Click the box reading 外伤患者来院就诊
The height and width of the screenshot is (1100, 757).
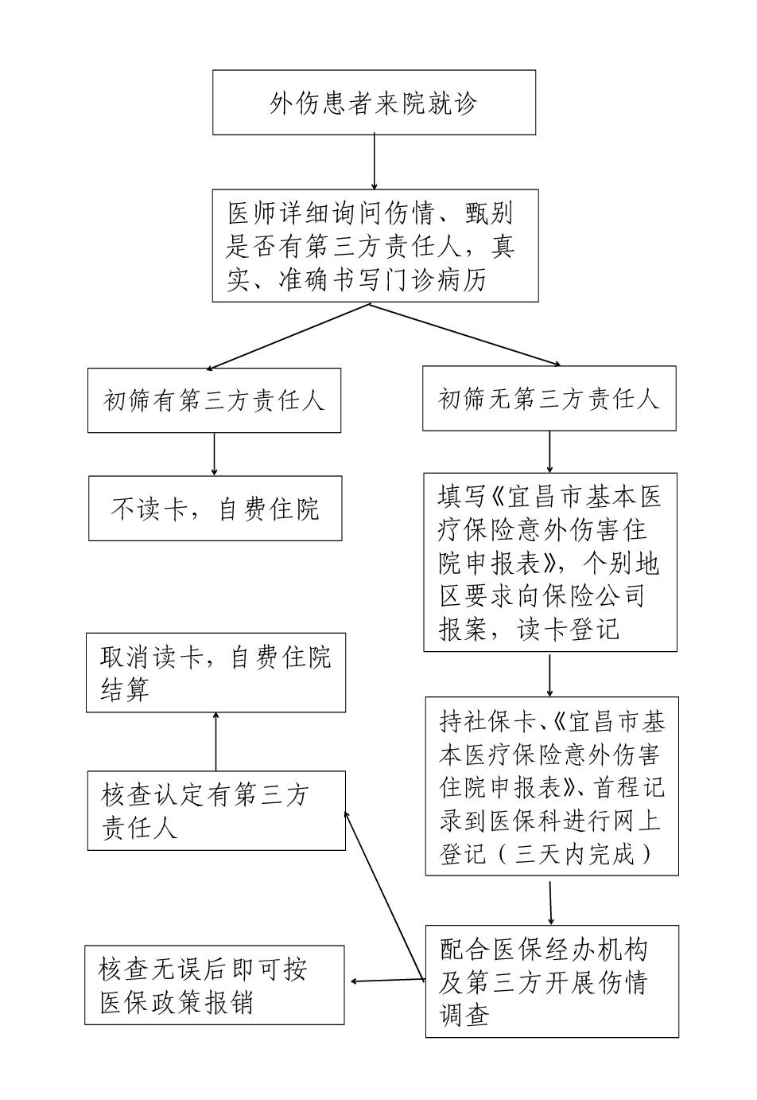coord(374,103)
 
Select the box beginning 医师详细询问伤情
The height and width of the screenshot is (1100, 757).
coord(375,246)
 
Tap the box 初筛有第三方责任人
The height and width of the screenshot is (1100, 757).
coord(214,400)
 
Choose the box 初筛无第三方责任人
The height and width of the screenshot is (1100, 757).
coord(549,399)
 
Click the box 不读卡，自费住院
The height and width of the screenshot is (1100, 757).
coord(215,509)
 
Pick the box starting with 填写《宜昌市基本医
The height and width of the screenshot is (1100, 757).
coord(549,564)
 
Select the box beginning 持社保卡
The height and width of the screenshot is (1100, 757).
coord(551,786)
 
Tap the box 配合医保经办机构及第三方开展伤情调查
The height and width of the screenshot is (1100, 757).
coord(551,981)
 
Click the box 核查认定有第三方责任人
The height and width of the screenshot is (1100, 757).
coord(216,810)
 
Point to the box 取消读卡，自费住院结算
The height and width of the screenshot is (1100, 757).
coord(215,673)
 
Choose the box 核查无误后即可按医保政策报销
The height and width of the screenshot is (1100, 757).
coord(215,985)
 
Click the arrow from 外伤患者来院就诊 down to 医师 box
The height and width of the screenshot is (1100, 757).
coord(375,162)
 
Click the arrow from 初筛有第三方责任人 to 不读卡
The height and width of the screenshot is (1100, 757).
coord(214,454)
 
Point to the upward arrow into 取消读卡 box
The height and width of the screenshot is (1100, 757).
coord(215,741)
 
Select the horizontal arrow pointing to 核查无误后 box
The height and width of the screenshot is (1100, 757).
coord(386,981)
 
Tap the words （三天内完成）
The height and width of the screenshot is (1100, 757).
coord(584,854)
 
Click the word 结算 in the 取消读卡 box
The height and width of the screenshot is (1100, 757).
coord(126,689)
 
